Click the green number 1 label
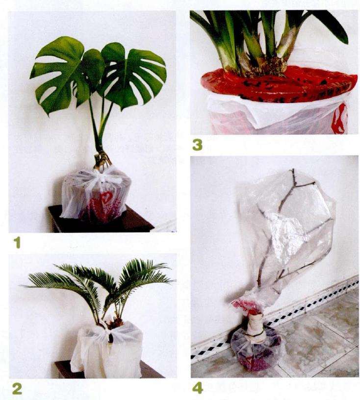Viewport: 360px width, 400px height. (x=17, y=243)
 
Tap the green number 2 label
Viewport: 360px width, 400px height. (x=17, y=389)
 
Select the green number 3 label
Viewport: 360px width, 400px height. (x=197, y=145)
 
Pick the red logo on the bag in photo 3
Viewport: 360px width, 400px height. (x=341, y=119)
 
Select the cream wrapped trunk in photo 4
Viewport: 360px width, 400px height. (x=256, y=328)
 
